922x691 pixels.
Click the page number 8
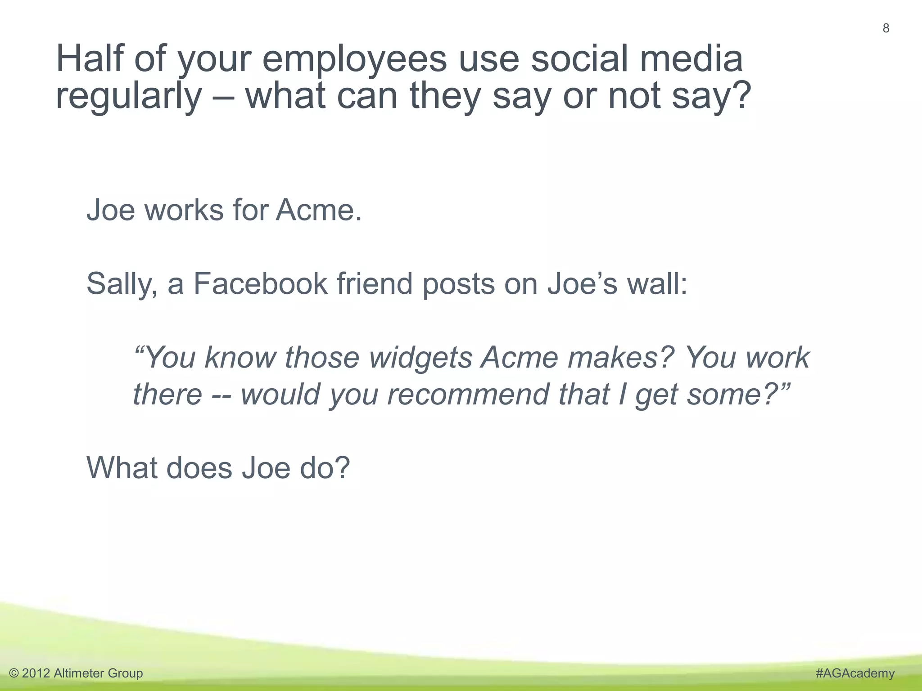point(886,28)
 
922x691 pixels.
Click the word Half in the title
point(89,59)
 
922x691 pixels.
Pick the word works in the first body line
point(184,210)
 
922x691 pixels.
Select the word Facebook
point(260,284)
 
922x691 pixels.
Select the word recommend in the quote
point(468,395)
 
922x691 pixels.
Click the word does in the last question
point(199,468)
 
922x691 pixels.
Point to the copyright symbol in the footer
point(14,673)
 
